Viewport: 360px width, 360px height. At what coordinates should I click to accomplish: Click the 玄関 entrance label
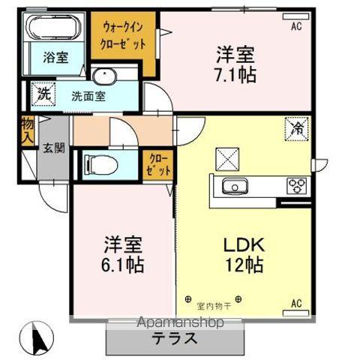(x=52, y=148)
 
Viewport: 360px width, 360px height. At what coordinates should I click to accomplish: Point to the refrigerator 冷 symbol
(x=298, y=128)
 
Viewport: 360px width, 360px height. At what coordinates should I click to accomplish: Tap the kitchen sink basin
(x=238, y=187)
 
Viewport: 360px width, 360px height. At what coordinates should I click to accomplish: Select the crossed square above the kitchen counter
(x=226, y=157)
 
